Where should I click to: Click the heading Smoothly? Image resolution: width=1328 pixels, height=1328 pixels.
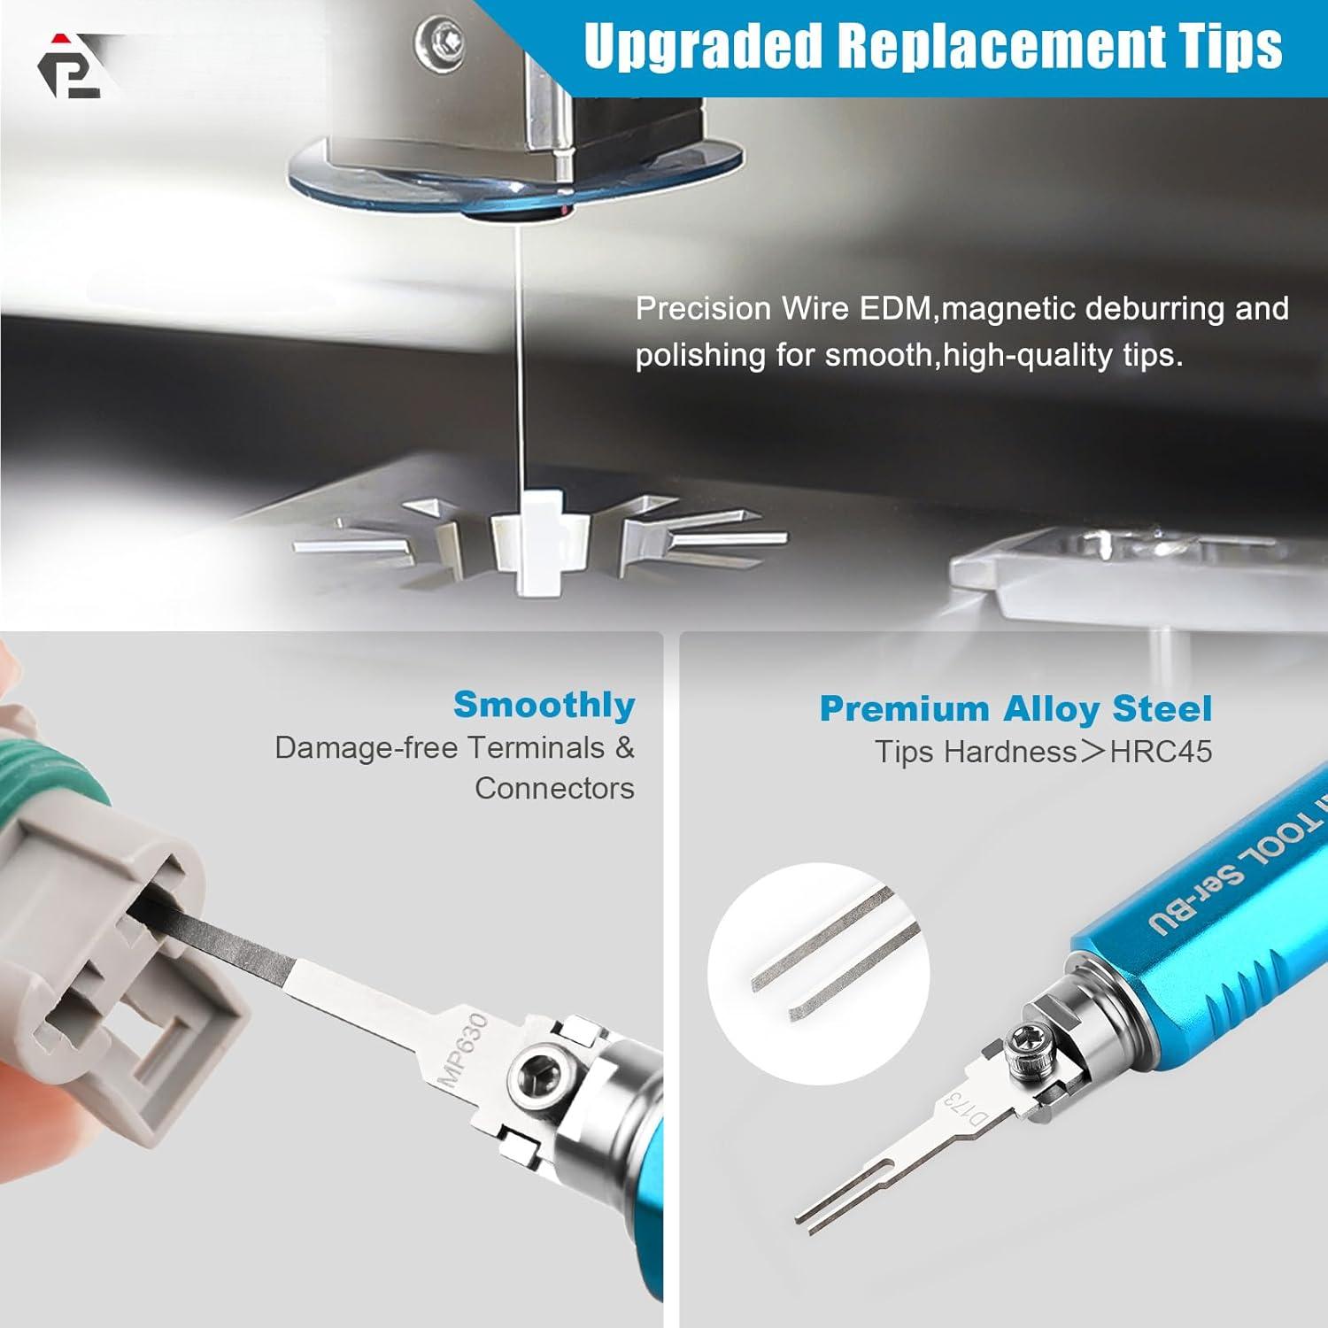(x=544, y=706)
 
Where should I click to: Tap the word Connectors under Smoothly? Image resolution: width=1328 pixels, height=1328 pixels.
(x=554, y=788)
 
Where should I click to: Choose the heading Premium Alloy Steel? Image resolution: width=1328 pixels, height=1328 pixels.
(x=1015, y=709)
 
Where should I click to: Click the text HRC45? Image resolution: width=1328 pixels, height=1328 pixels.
(x=1161, y=753)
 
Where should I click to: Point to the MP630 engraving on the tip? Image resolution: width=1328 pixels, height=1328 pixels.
(x=466, y=1051)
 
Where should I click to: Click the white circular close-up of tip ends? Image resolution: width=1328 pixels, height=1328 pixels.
(x=818, y=973)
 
